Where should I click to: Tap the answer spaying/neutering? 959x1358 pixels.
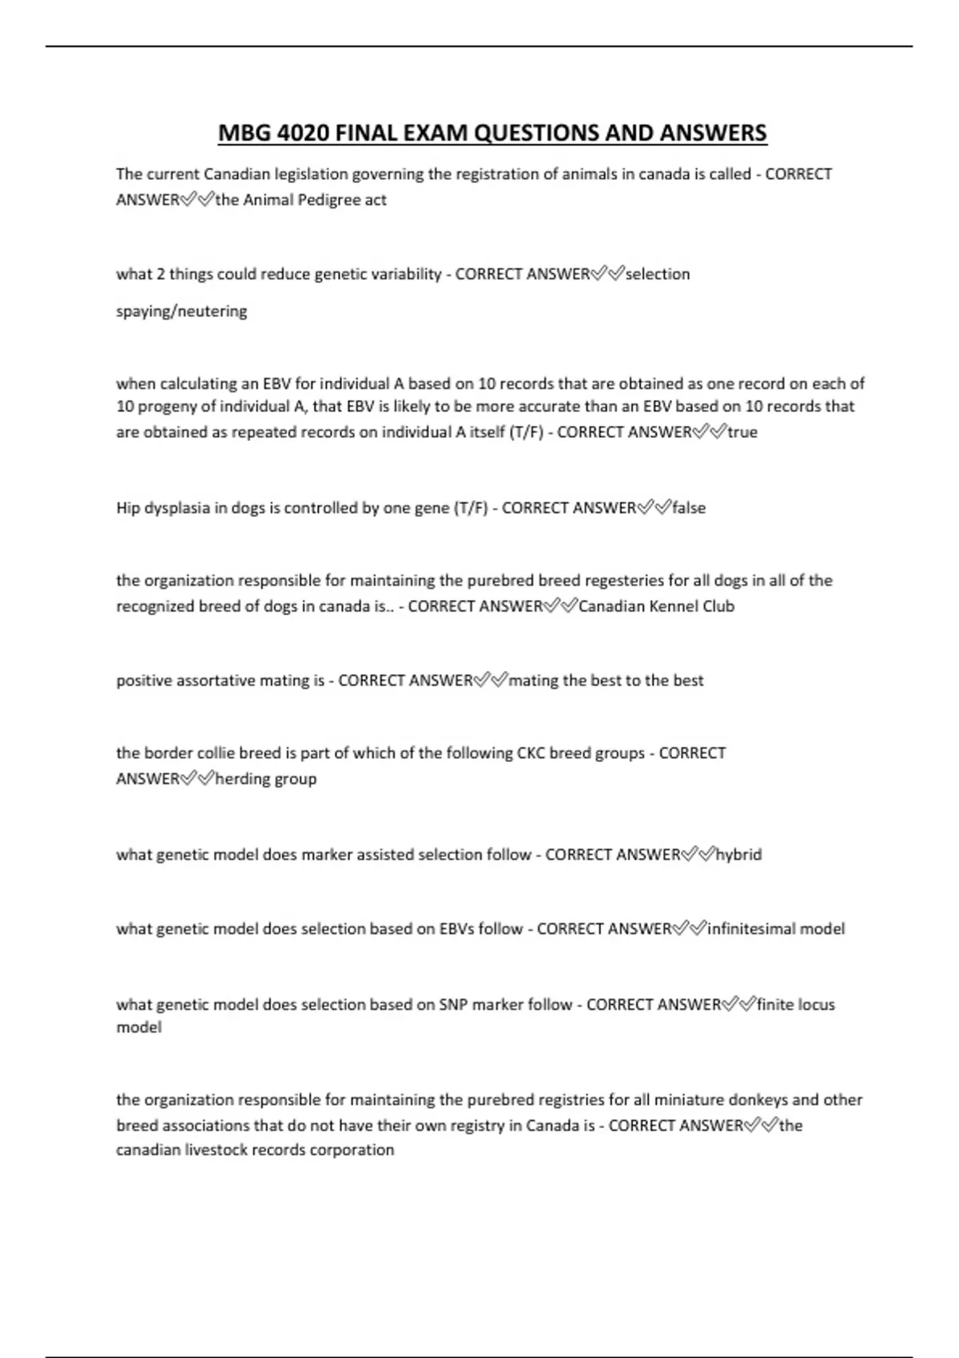pyautogui.click(x=181, y=311)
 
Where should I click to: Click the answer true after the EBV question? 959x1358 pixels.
pyautogui.click(x=742, y=432)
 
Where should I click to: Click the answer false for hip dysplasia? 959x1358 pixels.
pyautogui.click(x=689, y=508)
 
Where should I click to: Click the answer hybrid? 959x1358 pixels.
pyautogui.click(x=738, y=855)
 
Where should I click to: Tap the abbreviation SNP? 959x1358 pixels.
pyautogui.click(x=453, y=1005)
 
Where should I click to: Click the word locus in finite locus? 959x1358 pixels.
pyautogui.click(x=816, y=1005)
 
